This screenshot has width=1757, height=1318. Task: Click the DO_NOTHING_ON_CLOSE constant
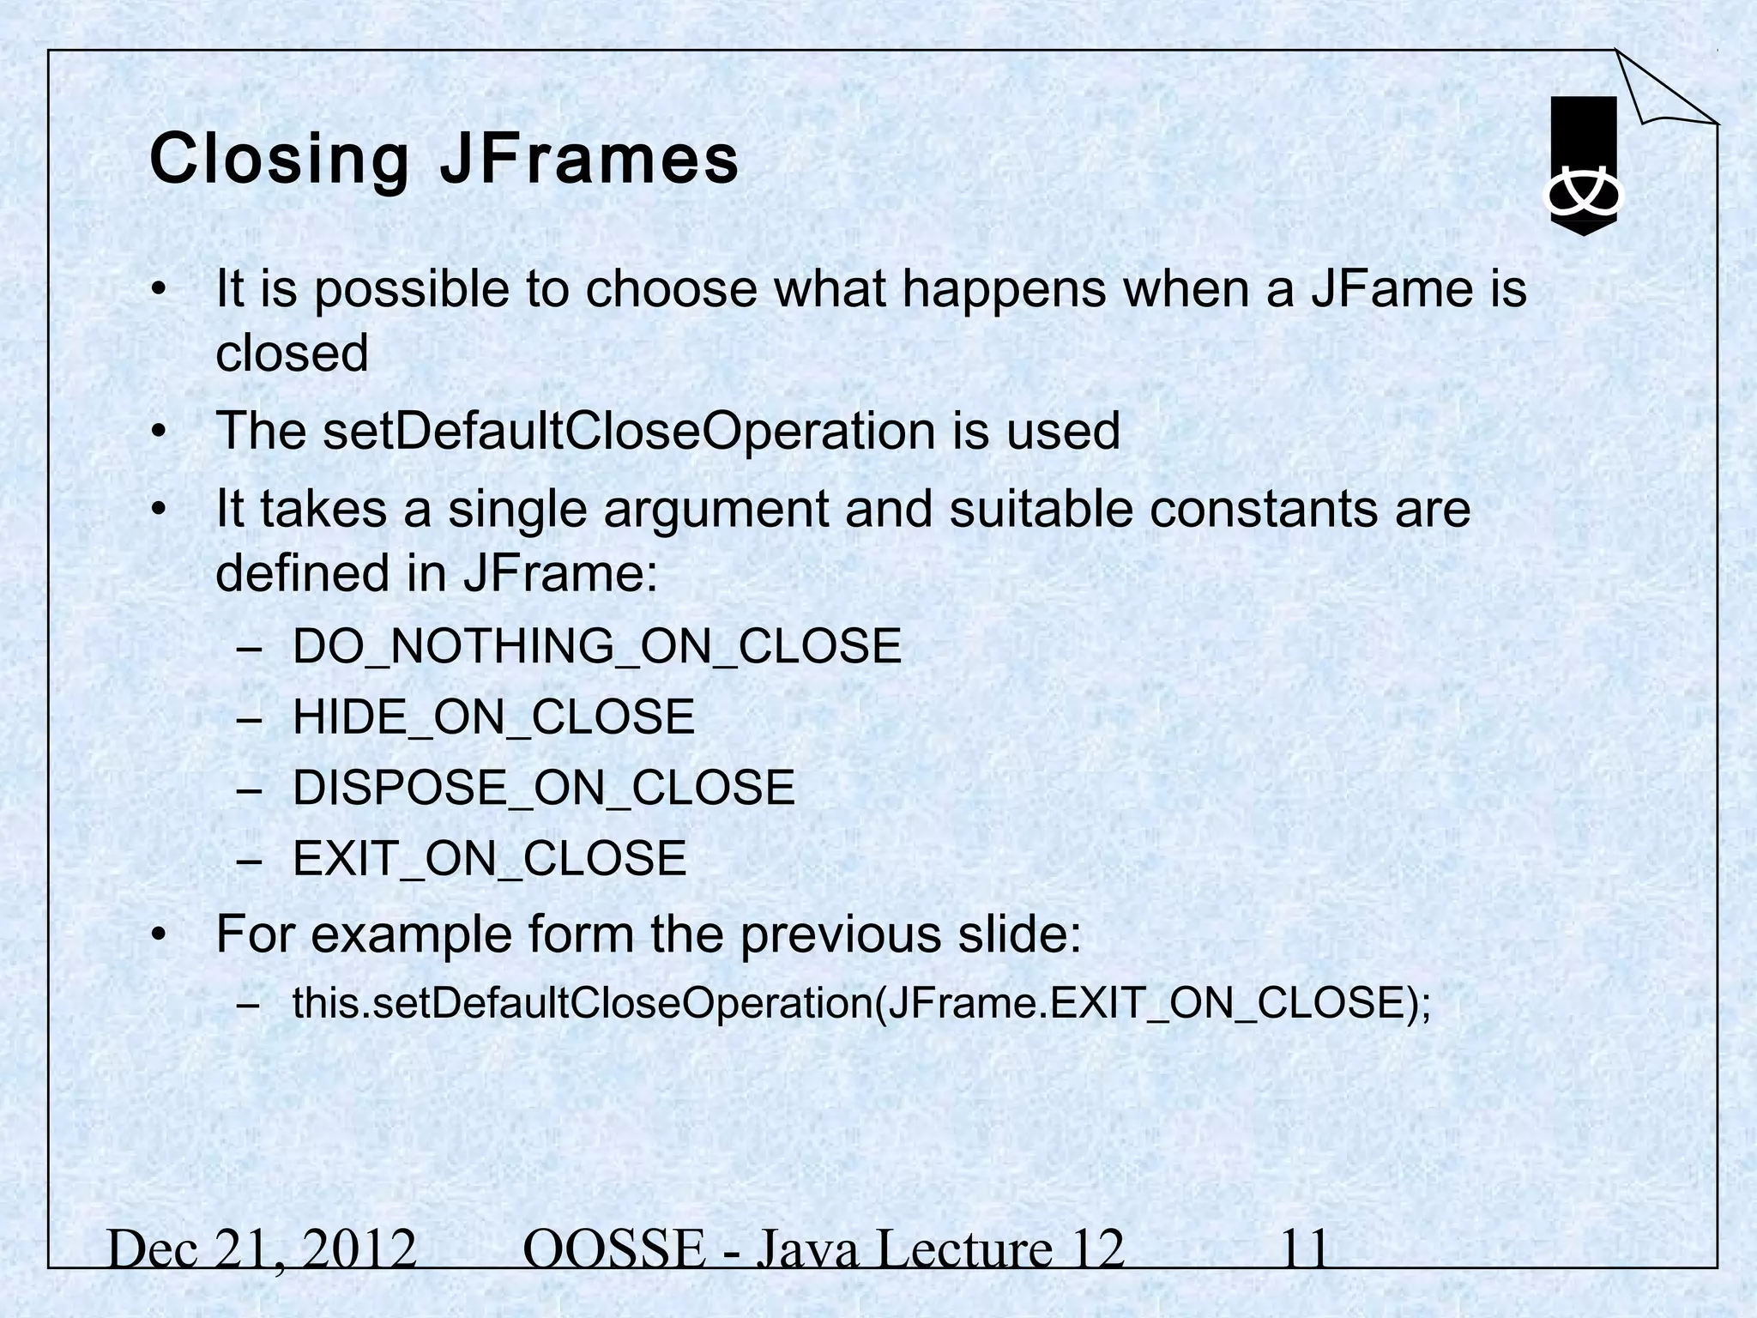coord(597,646)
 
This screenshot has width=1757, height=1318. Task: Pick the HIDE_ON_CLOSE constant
coord(493,716)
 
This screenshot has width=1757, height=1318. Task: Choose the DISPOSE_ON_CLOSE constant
coord(544,788)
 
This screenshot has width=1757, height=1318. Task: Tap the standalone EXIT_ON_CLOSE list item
coord(490,858)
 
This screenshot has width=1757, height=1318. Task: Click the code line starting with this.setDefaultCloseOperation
coord(861,1002)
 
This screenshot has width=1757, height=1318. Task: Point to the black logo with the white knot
coord(1583,166)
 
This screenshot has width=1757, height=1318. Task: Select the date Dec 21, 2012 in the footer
coord(263,1249)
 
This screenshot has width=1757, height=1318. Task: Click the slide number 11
coord(1305,1249)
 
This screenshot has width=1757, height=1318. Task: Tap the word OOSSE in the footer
coord(613,1249)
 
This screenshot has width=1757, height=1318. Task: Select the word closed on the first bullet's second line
coord(292,353)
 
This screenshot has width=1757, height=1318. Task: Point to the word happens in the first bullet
coord(1004,289)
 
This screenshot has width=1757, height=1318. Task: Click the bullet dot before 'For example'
coord(158,935)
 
